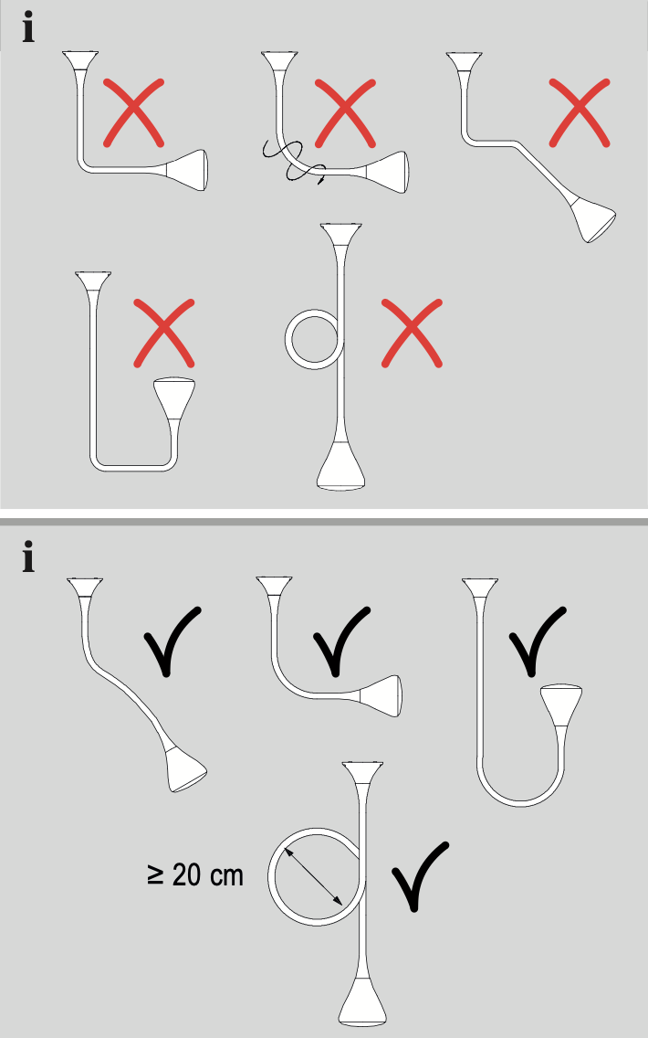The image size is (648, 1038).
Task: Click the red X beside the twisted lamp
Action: tap(344, 111)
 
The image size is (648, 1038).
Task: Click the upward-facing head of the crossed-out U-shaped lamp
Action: tap(173, 395)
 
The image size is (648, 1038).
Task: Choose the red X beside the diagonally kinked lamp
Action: tap(580, 111)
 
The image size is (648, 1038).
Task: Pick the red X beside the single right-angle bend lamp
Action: tap(134, 111)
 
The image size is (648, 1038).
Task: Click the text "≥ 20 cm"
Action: tap(194, 874)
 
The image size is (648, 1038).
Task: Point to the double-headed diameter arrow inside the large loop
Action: tap(315, 876)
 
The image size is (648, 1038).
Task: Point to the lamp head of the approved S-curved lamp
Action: tap(185, 769)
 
